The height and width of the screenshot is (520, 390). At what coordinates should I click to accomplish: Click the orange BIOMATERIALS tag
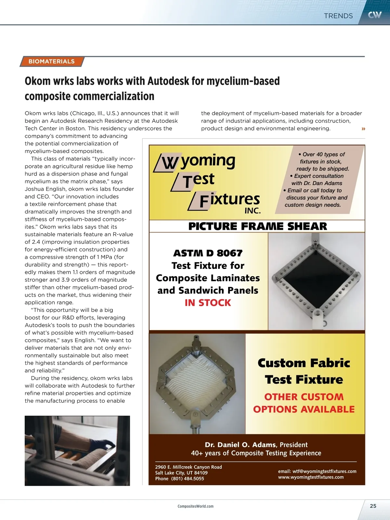click(x=51, y=61)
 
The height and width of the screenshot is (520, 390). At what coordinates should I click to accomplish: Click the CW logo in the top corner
click(x=374, y=15)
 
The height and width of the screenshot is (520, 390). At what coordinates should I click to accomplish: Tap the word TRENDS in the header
click(x=338, y=16)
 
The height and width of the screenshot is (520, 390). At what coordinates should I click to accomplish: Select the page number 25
click(x=373, y=506)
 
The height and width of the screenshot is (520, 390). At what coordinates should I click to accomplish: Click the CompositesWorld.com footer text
click(x=195, y=506)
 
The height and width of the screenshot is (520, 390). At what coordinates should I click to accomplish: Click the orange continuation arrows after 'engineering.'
click(x=363, y=129)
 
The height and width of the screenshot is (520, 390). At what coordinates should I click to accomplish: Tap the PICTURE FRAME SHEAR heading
click(x=257, y=226)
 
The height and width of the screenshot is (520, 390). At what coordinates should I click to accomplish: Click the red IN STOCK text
click(x=208, y=303)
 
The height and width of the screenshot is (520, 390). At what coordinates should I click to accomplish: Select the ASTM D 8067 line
click(x=208, y=253)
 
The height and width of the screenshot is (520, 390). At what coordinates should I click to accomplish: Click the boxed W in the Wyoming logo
click(x=169, y=162)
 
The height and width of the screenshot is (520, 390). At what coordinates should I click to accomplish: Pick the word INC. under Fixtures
click(x=253, y=211)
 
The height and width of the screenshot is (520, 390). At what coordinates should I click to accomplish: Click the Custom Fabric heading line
click(x=304, y=363)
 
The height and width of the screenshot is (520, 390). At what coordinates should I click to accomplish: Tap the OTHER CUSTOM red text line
click(x=304, y=397)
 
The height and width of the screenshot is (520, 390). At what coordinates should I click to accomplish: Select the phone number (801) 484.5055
click(x=188, y=478)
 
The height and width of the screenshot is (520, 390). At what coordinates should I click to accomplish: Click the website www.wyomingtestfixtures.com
click(x=311, y=477)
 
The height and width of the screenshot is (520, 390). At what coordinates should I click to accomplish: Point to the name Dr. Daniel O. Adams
click(x=240, y=445)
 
